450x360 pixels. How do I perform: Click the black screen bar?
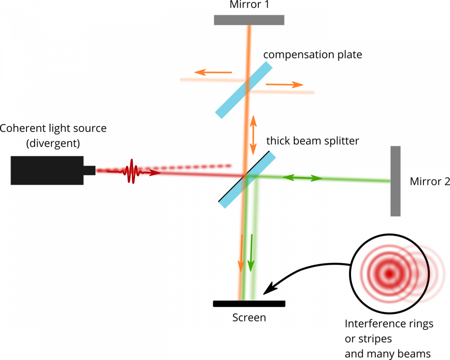click(x=249, y=304)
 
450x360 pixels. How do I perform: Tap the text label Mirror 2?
click(x=429, y=181)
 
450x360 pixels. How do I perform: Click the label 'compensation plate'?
click(x=312, y=55)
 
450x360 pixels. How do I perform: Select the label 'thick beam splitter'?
click(x=312, y=140)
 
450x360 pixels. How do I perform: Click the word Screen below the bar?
click(x=249, y=318)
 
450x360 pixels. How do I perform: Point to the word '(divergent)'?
click(x=53, y=144)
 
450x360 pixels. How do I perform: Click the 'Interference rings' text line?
click(x=389, y=324)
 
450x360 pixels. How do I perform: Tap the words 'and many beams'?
click(x=388, y=353)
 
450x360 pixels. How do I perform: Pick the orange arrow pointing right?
click(x=283, y=84)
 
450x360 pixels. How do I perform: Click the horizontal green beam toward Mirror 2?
click(x=324, y=179)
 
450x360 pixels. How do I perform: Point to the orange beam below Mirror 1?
click(x=249, y=45)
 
